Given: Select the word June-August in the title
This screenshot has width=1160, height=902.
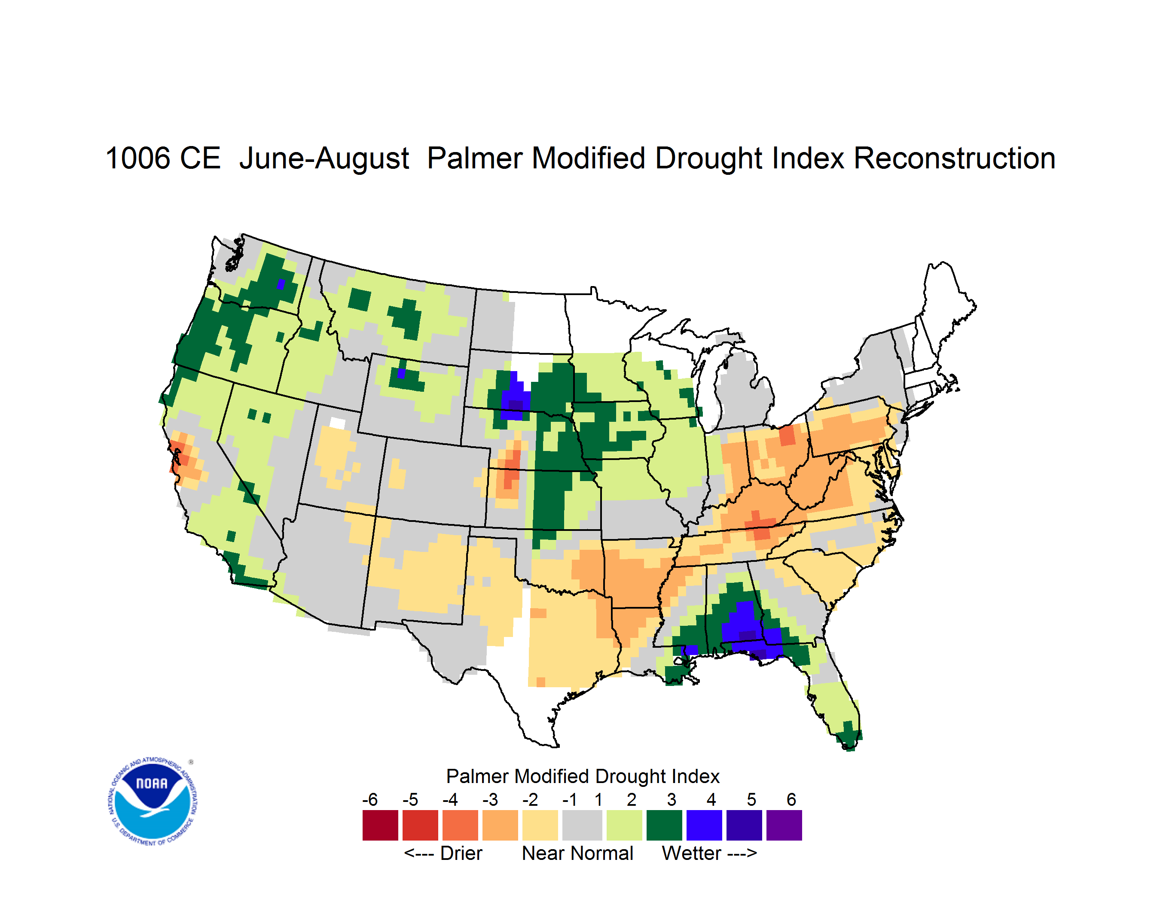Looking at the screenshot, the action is click(x=324, y=159).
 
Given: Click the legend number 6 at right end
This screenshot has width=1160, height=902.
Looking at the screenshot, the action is click(x=791, y=799).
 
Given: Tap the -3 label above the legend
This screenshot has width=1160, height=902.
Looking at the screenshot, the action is click(x=490, y=799).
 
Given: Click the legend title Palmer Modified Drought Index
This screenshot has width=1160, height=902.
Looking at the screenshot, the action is click(x=583, y=777).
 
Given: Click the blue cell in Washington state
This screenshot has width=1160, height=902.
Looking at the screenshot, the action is click(x=281, y=284).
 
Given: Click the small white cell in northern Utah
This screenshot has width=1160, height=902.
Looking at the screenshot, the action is click(x=337, y=423).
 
